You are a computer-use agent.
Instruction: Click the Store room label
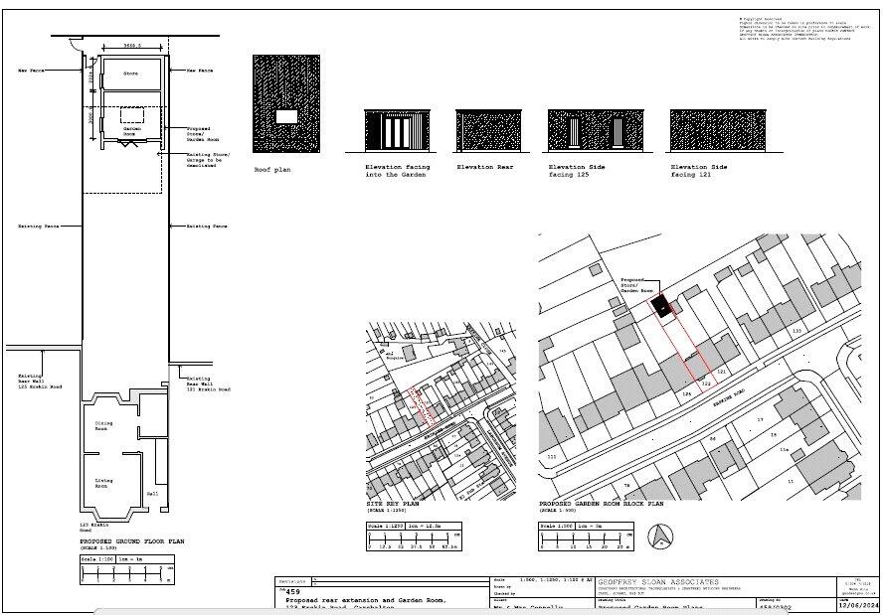pyautogui.click(x=129, y=75)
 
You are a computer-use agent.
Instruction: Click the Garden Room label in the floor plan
pyautogui.click(x=130, y=131)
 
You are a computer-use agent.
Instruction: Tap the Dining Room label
pyautogui.click(x=102, y=426)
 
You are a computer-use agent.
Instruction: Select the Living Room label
pyautogui.click(x=103, y=483)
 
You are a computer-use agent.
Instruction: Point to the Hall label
pyautogui.click(x=152, y=493)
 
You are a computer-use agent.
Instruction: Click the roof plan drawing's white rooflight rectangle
pyautogui.click(x=286, y=117)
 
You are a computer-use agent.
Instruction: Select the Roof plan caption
pyautogui.click(x=271, y=170)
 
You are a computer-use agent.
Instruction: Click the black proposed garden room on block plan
pyautogui.click(x=659, y=304)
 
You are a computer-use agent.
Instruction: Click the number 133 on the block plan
pyautogui.click(x=795, y=330)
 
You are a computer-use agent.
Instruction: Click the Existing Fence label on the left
pyautogui.click(x=38, y=227)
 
